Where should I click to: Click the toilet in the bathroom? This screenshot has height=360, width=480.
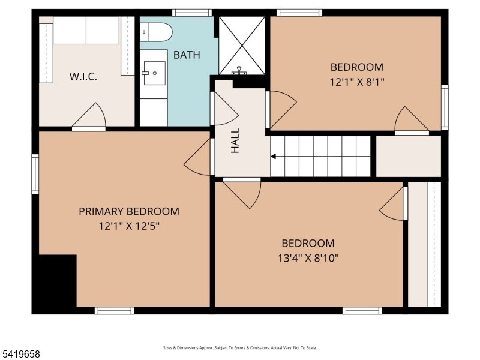click(x=156, y=32)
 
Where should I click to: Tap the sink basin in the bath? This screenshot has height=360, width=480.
click(x=155, y=73)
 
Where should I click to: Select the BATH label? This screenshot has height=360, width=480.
click(x=187, y=55)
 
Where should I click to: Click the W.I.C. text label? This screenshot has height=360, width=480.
click(x=83, y=77)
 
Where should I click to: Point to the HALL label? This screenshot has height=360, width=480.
click(x=235, y=140)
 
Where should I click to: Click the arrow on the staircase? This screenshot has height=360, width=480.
click(x=274, y=157)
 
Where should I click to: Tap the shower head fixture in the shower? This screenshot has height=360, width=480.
click(x=239, y=71)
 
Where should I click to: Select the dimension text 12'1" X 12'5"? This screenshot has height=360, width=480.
click(x=129, y=226)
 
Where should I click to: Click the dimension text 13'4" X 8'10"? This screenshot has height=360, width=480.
click(x=308, y=259)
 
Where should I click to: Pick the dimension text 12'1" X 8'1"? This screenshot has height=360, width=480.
click(x=357, y=82)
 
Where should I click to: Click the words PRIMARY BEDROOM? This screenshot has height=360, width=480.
click(x=129, y=212)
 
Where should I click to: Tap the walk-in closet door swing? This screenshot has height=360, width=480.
click(x=89, y=116)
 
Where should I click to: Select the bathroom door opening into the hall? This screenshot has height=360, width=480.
click(x=224, y=109)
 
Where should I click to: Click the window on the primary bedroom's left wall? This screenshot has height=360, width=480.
click(x=35, y=174)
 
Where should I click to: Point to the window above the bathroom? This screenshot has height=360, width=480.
click(x=192, y=13)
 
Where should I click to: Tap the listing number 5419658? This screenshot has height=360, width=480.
click(x=20, y=355)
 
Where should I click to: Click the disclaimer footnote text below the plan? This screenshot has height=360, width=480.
click(x=239, y=348)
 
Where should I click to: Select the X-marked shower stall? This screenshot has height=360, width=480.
click(x=242, y=46)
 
